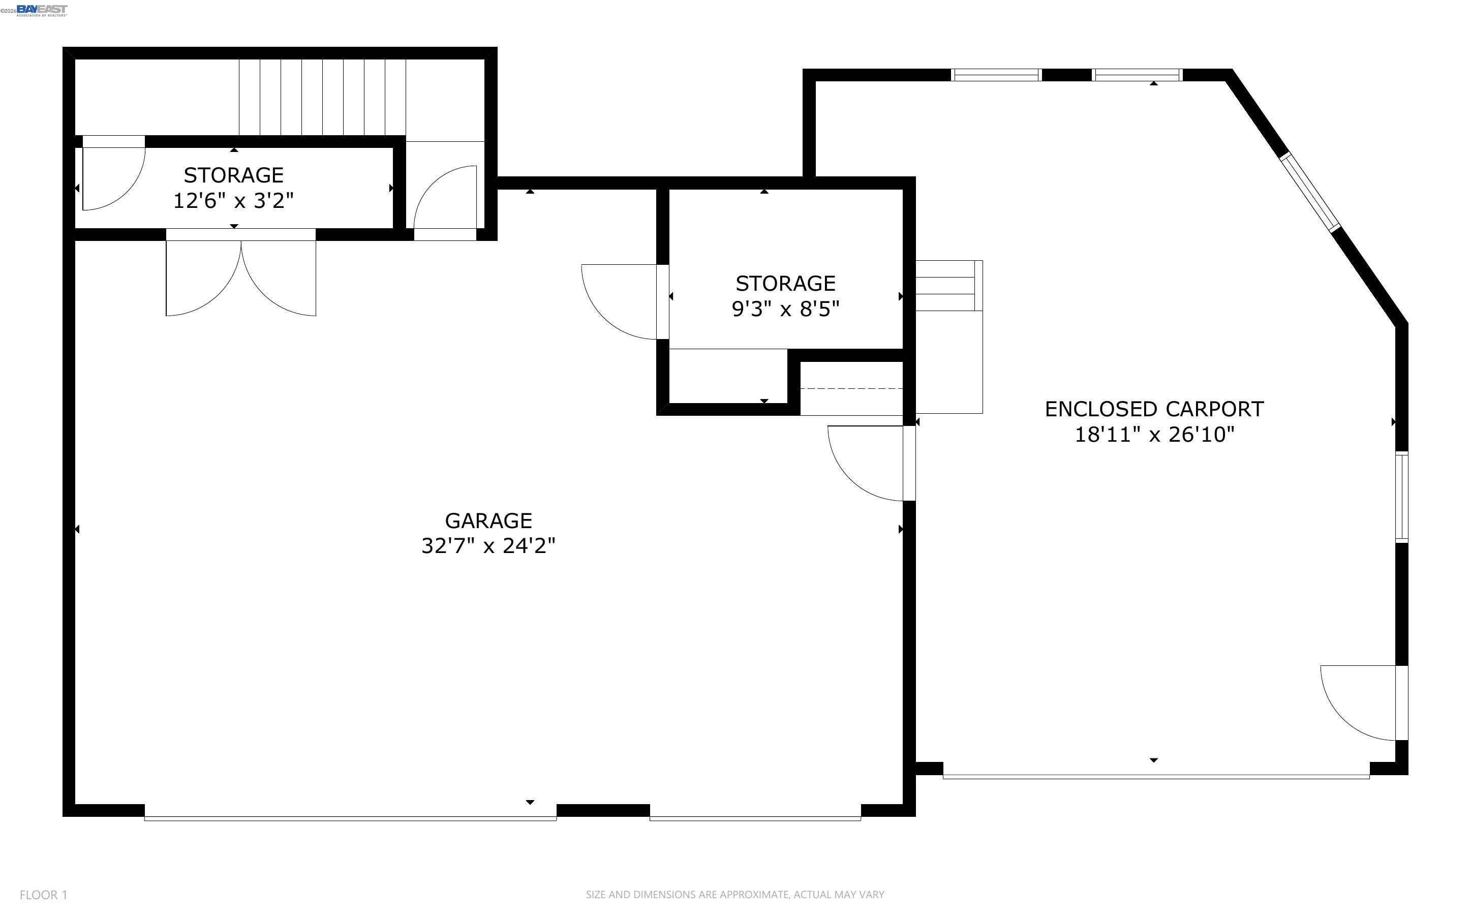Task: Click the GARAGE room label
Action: point(488,521)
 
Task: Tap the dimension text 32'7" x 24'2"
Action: point(488,546)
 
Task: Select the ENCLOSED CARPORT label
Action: point(1154,409)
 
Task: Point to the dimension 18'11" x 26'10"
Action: point(1154,435)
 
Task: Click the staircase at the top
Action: point(322,97)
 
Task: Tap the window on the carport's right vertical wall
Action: point(1401,497)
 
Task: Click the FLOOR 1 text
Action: point(43,895)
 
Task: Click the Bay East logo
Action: point(41,10)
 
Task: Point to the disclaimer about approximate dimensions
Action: point(734,894)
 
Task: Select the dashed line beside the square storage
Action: point(851,388)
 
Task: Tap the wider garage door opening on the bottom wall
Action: point(350,817)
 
